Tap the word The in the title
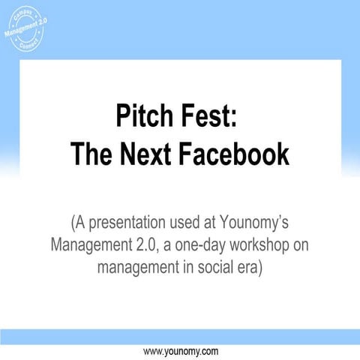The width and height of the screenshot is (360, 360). tap(91, 154)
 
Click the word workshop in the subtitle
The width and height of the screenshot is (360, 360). tap(270, 245)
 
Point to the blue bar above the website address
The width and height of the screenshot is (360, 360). tap(180, 336)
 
